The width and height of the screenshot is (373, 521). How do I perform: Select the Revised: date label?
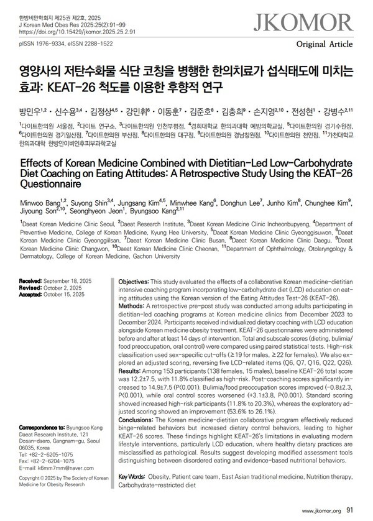[30, 288]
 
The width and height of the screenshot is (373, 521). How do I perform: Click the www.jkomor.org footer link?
[321, 510]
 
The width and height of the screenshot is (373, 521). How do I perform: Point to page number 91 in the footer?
[351, 510]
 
